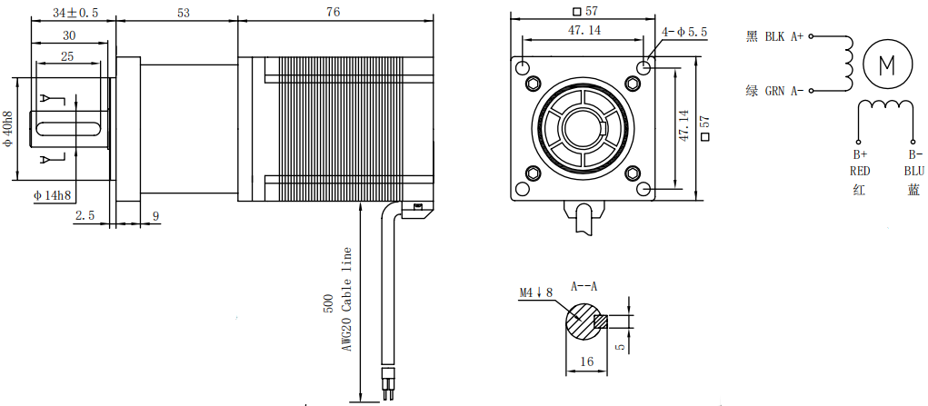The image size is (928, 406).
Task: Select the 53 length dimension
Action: [x=183, y=13]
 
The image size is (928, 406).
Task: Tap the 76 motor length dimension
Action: [x=334, y=13]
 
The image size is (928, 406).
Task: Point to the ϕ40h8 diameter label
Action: [x=8, y=130]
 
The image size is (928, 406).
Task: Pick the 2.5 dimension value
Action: [x=85, y=215]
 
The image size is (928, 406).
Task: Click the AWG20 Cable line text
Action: [x=345, y=300]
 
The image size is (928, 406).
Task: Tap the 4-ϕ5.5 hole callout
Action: [x=684, y=32]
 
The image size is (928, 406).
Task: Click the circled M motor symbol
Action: [x=886, y=64]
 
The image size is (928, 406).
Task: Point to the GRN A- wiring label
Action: [x=774, y=90]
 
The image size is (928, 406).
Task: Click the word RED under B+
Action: [x=860, y=171]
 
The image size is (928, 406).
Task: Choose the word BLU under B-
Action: [x=913, y=171]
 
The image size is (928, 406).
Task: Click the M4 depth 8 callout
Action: [x=535, y=292]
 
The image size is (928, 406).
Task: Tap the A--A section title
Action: [x=584, y=286]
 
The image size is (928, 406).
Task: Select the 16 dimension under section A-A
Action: [x=586, y=361]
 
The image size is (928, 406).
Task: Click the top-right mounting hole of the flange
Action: [x=644, y=68]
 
